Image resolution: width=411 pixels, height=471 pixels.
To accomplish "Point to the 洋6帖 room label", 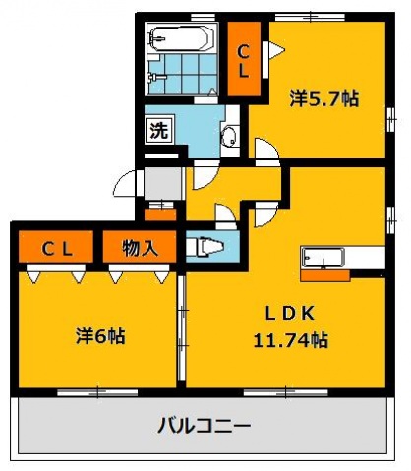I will pyautogui.click(x=100, y=335).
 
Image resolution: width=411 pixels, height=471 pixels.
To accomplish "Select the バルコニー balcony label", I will pyautogui.click(x=205, y=427).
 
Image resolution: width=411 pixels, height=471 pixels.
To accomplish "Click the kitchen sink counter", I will pyautogui.click(x=323, y=258).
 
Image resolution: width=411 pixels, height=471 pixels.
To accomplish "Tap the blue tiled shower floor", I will pyautogui.click(x=180, y=74).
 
